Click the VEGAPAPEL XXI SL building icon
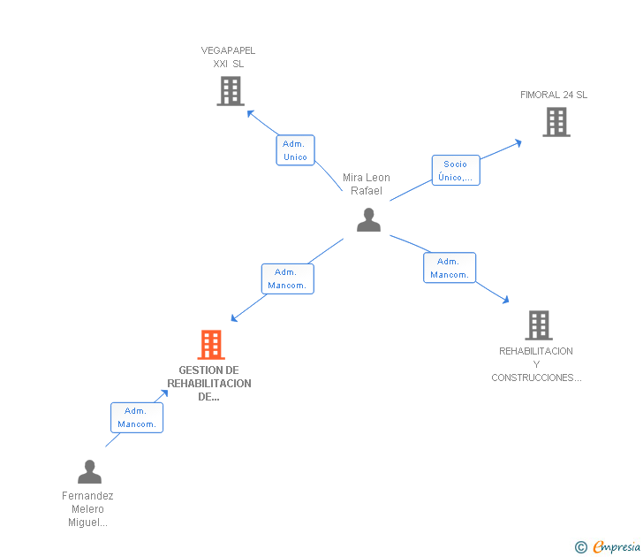pos(230,91)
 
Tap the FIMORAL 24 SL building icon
pos(556,122)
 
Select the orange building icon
pos(210,345)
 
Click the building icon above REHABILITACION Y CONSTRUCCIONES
pos(538,325)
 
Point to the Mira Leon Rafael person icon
pos(368,220)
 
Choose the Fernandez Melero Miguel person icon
pos(89,472)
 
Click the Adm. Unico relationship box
pos(295,150)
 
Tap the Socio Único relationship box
pos(455,171)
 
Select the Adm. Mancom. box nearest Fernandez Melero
pos(136,417)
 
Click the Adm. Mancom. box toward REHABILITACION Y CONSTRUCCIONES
pos(449,268)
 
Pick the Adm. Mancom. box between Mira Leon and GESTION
pos(287,278)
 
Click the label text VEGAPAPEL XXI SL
pos(229,57)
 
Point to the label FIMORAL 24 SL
pos(554,95)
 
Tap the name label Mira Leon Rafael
pos(366,184)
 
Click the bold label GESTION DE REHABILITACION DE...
pos(209,384)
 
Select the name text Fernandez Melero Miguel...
pos(88,508)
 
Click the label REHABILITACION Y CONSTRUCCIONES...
pos(536,364)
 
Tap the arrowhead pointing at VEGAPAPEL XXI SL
pos(250,112)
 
